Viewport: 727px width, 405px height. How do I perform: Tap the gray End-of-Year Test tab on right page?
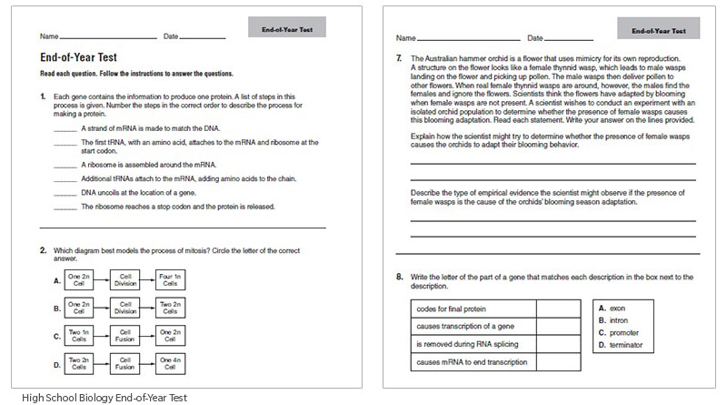pos(659,29)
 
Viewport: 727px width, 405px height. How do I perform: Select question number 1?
pos(43,96)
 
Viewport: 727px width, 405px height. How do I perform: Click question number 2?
pos(43,249)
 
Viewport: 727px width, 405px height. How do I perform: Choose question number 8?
pos(400,276)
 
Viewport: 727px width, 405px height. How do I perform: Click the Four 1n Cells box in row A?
pos(171,279)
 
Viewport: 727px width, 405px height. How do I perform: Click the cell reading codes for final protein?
pos(473,307)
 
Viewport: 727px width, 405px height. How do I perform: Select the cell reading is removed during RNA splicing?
pos(473,344)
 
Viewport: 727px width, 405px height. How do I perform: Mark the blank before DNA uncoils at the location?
pos(65,193)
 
